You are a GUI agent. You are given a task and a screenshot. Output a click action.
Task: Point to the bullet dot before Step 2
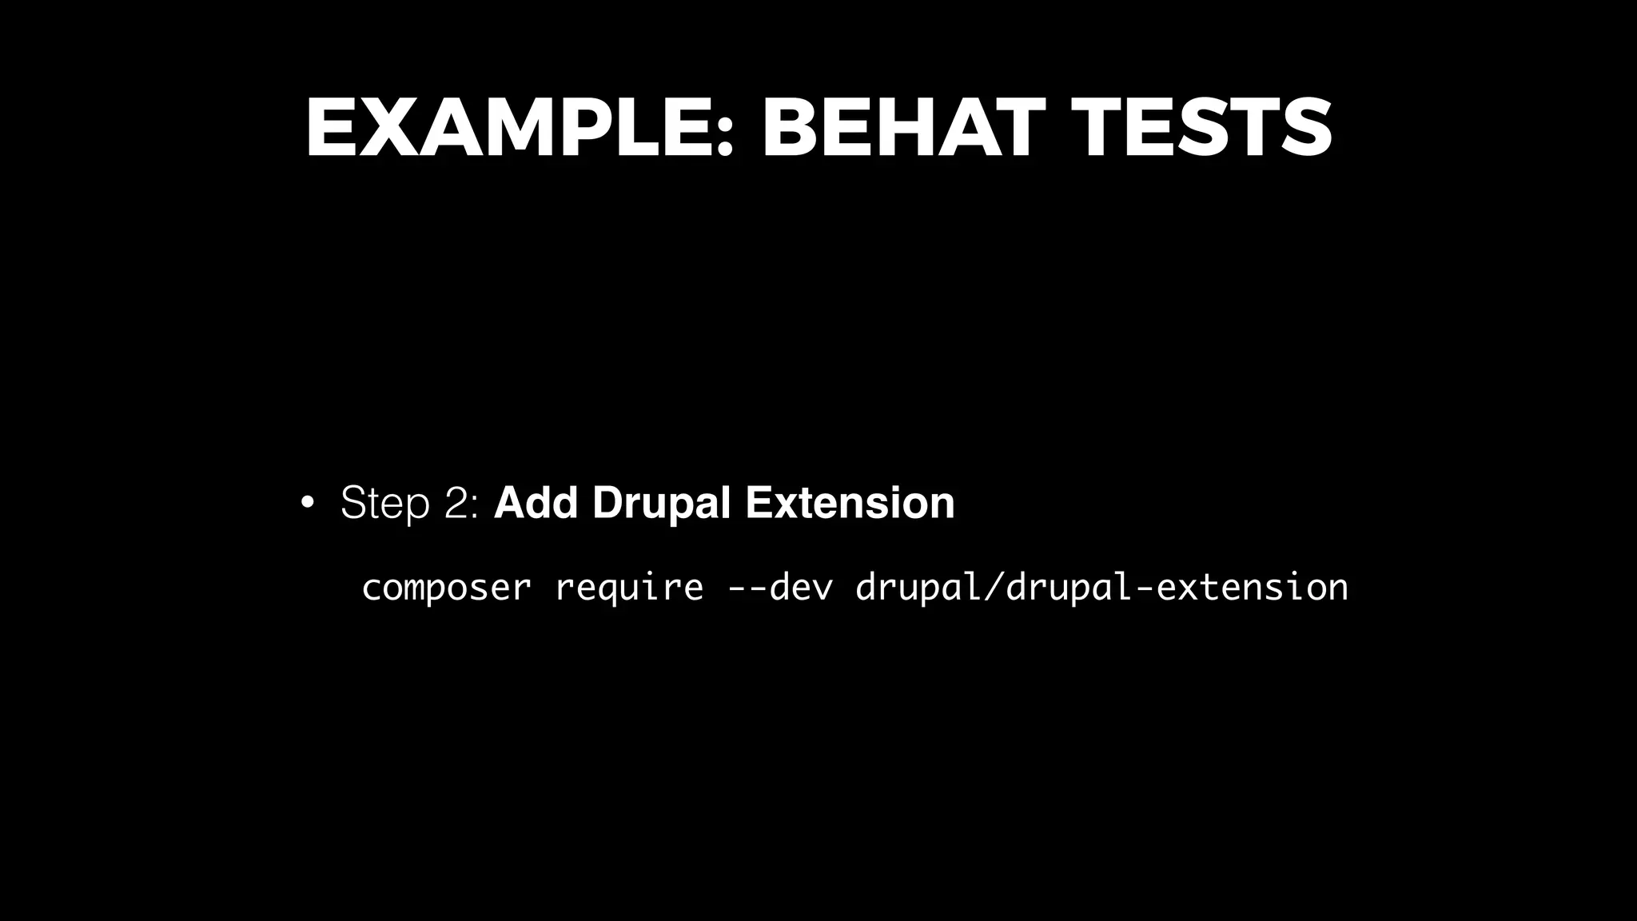tap(306, 504)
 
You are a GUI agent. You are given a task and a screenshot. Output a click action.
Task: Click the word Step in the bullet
tap(384, 504)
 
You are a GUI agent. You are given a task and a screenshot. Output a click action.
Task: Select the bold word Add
tap(536, 504)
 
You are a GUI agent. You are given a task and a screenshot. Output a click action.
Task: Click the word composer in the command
tap(446, 588)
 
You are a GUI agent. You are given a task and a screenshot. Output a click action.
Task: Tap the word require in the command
tap(629, 588)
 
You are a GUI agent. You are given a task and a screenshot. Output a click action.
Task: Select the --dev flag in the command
tap(780, 588)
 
